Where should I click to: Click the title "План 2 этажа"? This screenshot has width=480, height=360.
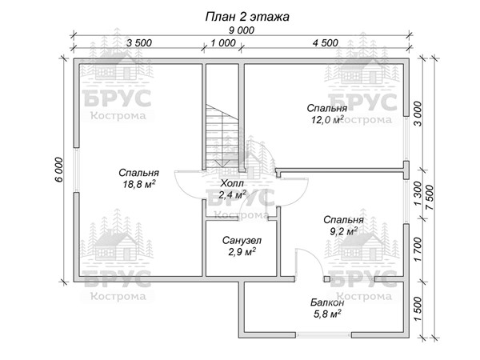246,17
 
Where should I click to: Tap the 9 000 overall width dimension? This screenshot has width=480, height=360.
242,30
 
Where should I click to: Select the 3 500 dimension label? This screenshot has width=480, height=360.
139,43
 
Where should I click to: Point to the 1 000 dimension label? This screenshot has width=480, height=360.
223,43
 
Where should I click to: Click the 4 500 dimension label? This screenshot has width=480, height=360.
326,43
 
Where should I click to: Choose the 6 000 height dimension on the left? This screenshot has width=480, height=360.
58,170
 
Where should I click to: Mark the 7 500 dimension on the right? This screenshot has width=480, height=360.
430,198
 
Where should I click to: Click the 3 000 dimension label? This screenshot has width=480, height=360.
418,114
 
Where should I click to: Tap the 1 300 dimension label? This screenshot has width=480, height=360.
418,194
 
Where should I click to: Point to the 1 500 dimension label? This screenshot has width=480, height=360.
418,309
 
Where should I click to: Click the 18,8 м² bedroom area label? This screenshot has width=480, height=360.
139,184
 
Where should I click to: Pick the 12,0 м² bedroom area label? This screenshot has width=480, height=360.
327,119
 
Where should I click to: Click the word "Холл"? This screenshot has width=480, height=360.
232,183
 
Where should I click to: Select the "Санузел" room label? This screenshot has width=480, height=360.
242,241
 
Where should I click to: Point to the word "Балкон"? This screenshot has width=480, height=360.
327,302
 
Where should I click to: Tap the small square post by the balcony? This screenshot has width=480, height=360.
327,279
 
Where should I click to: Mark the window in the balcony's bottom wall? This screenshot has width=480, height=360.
323,335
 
